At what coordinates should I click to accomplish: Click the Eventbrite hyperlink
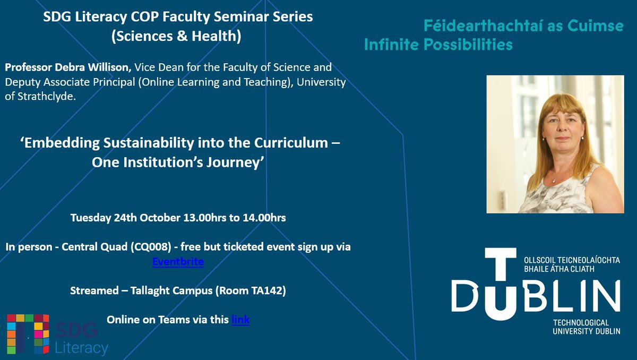point(178,262)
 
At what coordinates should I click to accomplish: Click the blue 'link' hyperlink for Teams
point(240,320)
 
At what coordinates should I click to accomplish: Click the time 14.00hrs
point(261,218)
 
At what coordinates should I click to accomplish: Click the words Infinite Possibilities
point(438,45)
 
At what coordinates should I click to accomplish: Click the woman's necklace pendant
point(554,181)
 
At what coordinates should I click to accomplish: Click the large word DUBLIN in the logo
point(536,296)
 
